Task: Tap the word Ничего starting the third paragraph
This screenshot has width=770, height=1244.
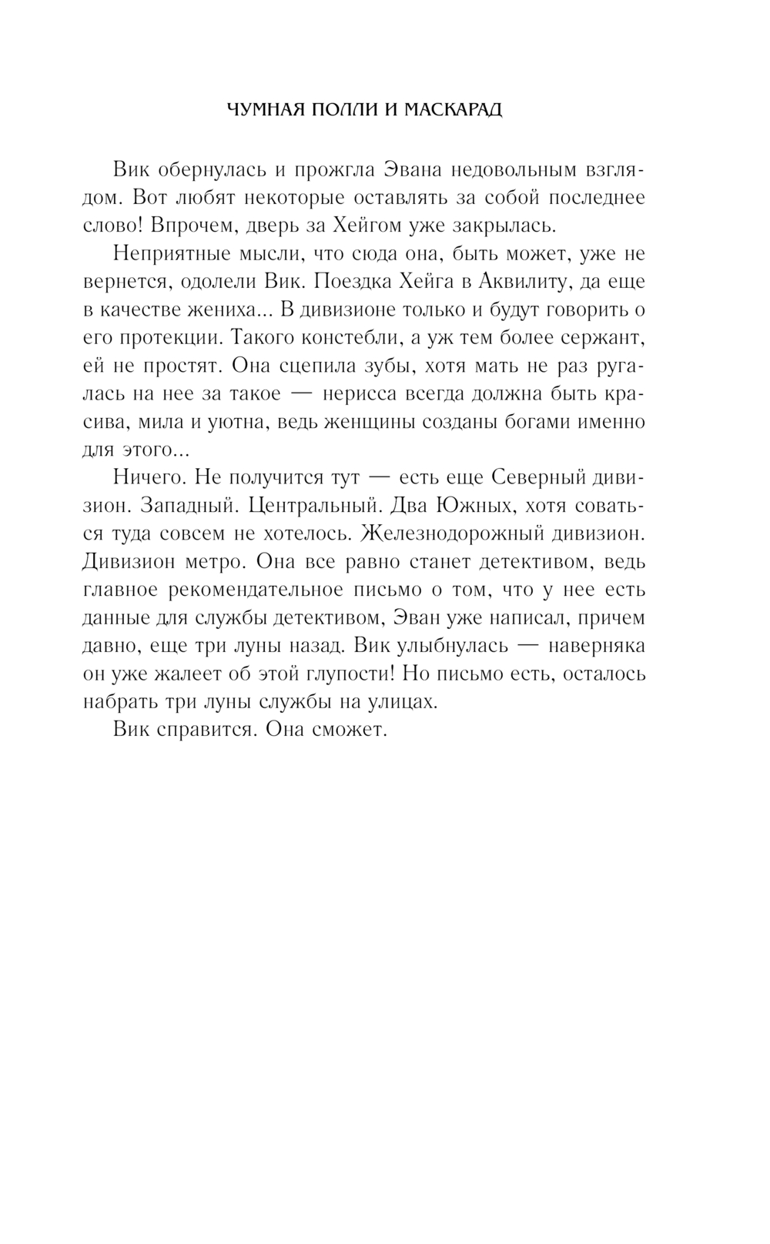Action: tap(148, 478)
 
